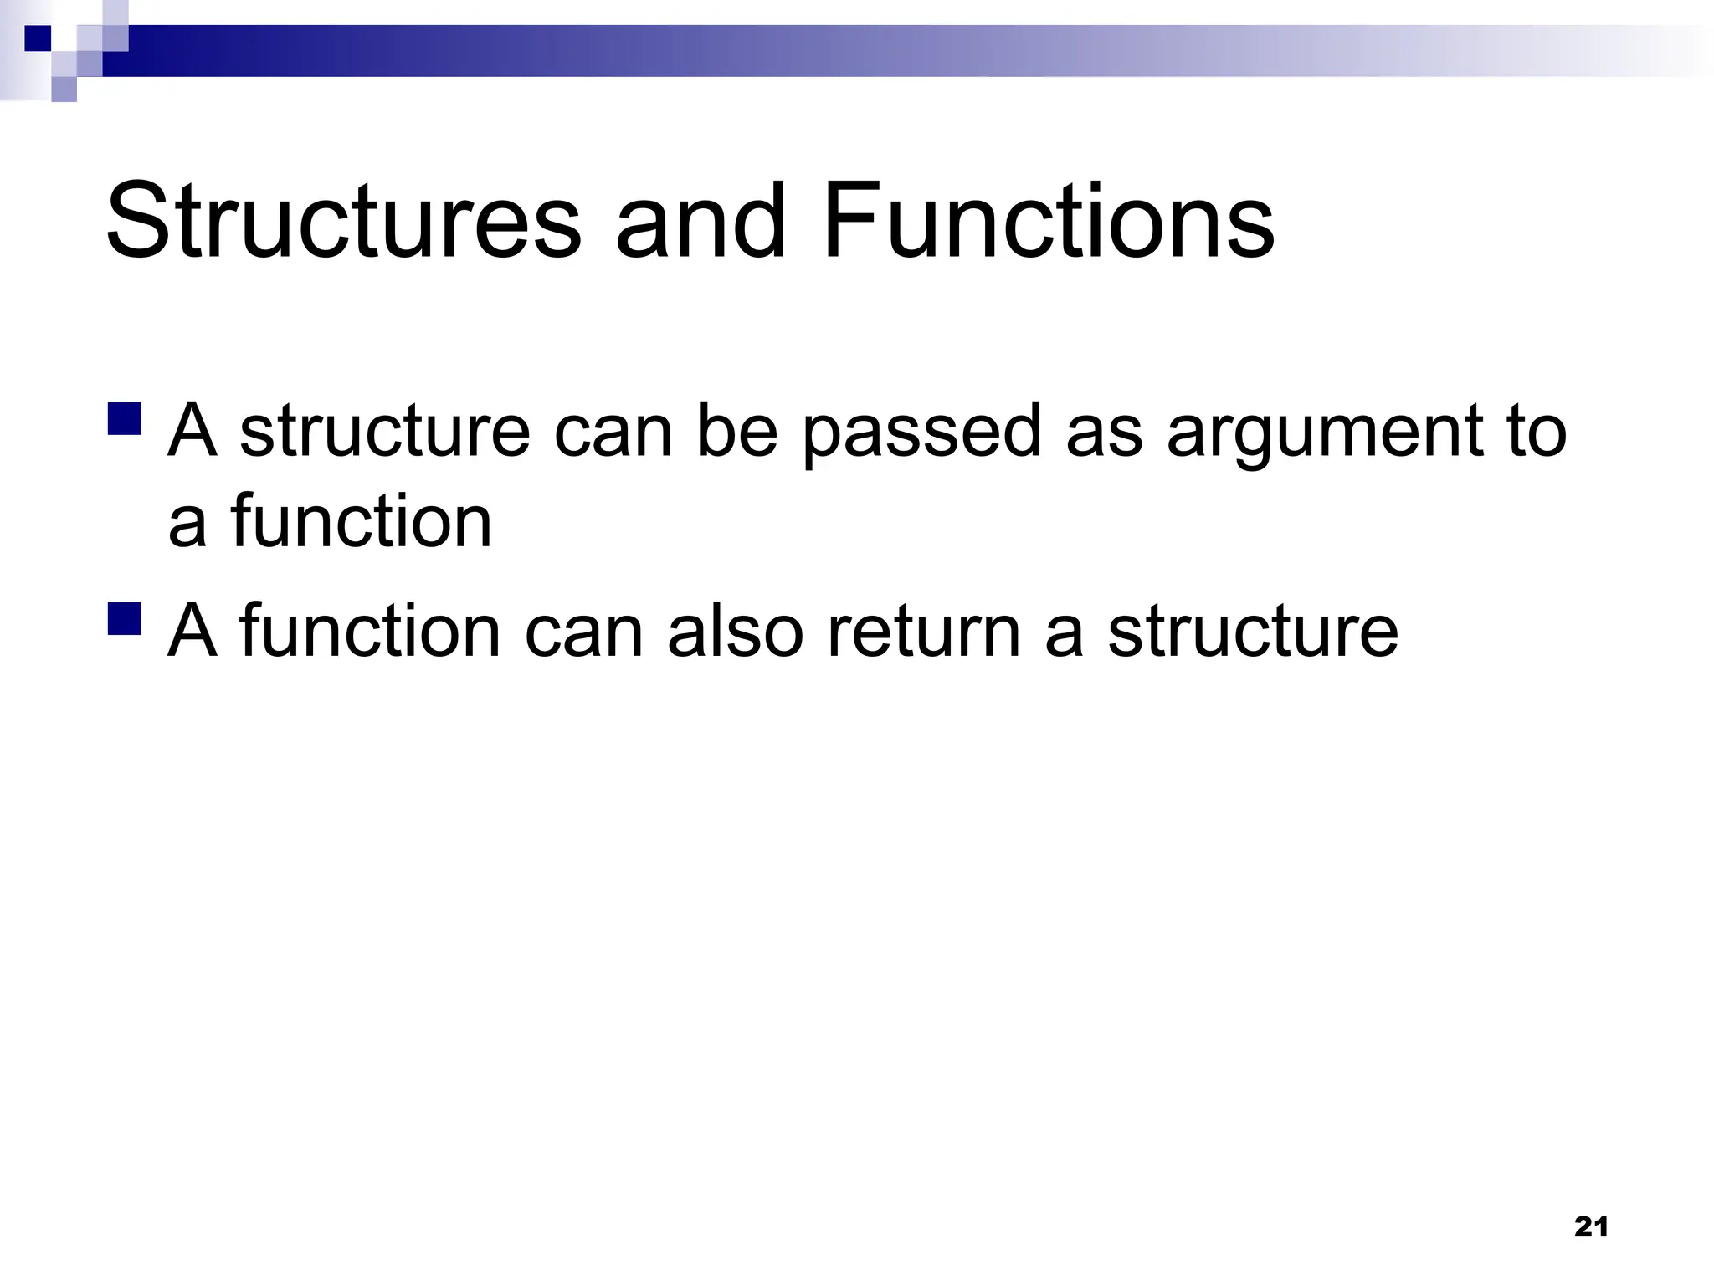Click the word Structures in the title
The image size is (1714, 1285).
[x=343, y=222]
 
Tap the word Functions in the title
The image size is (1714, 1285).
[x=1048, y=222]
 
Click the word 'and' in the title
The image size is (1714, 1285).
[x=701, y=222]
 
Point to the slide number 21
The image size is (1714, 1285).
[x=1591, y=1227]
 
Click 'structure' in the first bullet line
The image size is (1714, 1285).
[x=385, y=433]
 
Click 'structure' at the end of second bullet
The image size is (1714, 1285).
[x=1253, y=632]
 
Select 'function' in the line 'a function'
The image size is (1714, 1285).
[x=362, y=522]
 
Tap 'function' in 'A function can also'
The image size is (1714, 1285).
[x=370, y=632]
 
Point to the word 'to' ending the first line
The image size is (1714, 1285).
[x=1536, y=433]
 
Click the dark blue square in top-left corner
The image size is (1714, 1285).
[x=38, y=38]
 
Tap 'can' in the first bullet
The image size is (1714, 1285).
[x=613, y=433]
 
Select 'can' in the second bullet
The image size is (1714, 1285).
[x=583, y=632]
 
